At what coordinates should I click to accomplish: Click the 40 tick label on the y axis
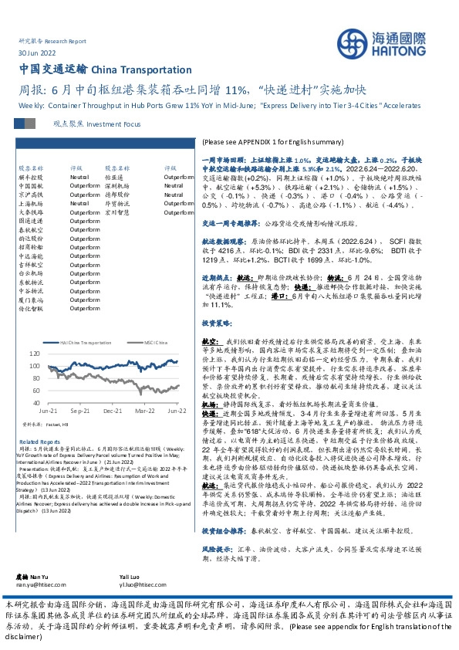click(x=35, y=402)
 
